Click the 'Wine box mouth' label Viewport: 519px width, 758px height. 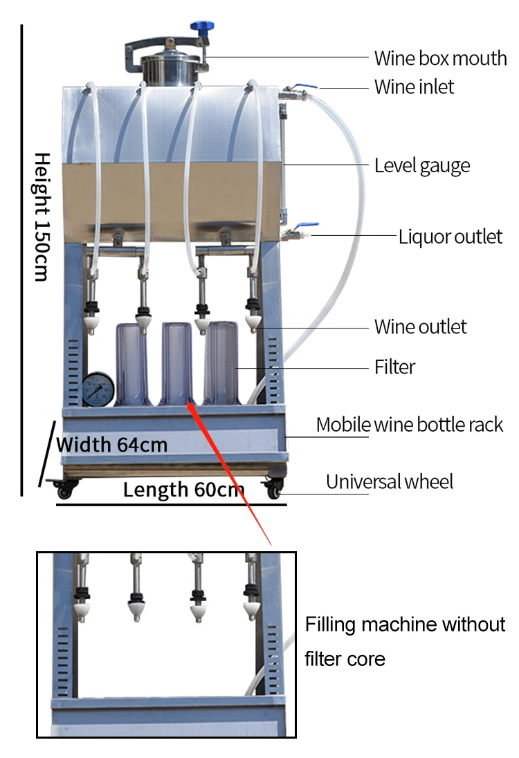click(x=440, y=58)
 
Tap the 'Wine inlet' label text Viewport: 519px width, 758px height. click(x=414, y=87)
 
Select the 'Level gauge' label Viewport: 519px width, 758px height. click(x=421, y=166)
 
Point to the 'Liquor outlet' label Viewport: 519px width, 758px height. click(x=450, y=237)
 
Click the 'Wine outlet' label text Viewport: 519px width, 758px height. click(x=420, y=326)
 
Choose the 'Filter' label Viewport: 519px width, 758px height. click(x=394, y=367)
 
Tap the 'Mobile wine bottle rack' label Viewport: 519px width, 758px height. click(x=409, y=424)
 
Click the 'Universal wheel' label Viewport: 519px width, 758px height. click(x=390, y=481)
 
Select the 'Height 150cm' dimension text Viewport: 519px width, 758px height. click(x=42, y=216)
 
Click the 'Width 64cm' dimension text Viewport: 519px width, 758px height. click(x=112, y=444)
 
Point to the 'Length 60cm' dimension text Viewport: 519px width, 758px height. click(x=183, y=490)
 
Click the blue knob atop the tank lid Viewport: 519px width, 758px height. click(x=203, y=27)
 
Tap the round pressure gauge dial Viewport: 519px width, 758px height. click(x=98, y=389)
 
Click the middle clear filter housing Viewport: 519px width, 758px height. click(x=176, y=363)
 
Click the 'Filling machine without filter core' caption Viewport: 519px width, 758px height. click(x=405, y=641)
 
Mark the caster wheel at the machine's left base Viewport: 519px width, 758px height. click(x=65, y=490)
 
